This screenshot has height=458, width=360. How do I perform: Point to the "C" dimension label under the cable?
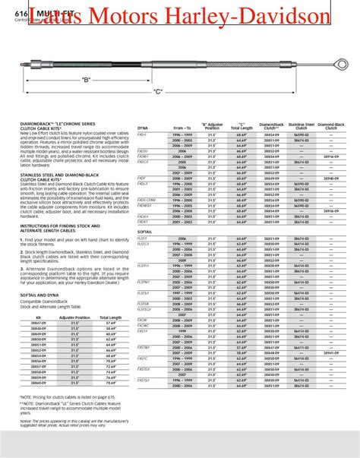click(x=136, y=92)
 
